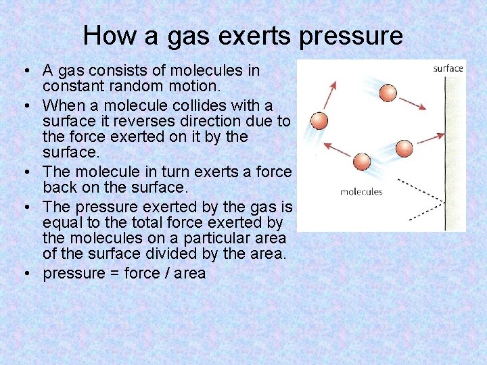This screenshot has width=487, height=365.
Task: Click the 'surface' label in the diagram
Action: (448, 68)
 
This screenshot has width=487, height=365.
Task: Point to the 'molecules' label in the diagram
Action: (361, 191)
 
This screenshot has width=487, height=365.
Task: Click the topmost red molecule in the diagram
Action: (388, 93)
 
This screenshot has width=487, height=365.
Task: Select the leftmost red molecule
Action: (318, 121)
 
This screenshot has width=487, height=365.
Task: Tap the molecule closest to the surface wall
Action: (403, 148)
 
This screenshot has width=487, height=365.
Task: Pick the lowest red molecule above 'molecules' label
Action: (362, 162)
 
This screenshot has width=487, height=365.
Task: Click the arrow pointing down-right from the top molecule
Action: (413, 103)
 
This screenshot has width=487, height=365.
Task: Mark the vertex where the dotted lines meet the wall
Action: (444, 201)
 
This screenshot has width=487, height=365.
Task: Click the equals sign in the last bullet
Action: (113, 274)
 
